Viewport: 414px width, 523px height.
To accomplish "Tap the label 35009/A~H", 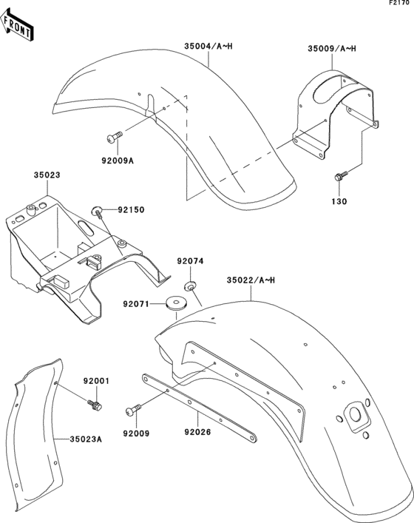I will coord(332,50).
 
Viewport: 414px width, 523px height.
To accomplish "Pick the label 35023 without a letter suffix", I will coord(46,176).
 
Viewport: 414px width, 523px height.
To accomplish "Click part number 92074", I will coord(189,261).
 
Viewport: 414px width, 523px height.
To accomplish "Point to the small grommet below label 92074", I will coord(191,285).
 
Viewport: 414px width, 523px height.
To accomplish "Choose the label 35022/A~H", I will coord(251,280).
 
